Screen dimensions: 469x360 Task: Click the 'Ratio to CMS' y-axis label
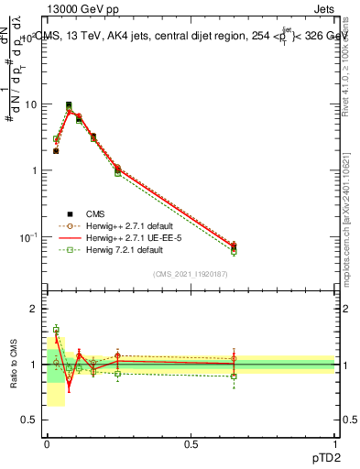[13, 366]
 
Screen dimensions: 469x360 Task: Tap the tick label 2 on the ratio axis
[35, 310]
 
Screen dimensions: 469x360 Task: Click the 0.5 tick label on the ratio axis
[30, 420]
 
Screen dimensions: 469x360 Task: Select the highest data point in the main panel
[69, 105]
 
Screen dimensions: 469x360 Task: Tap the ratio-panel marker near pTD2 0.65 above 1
[234, 358]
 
